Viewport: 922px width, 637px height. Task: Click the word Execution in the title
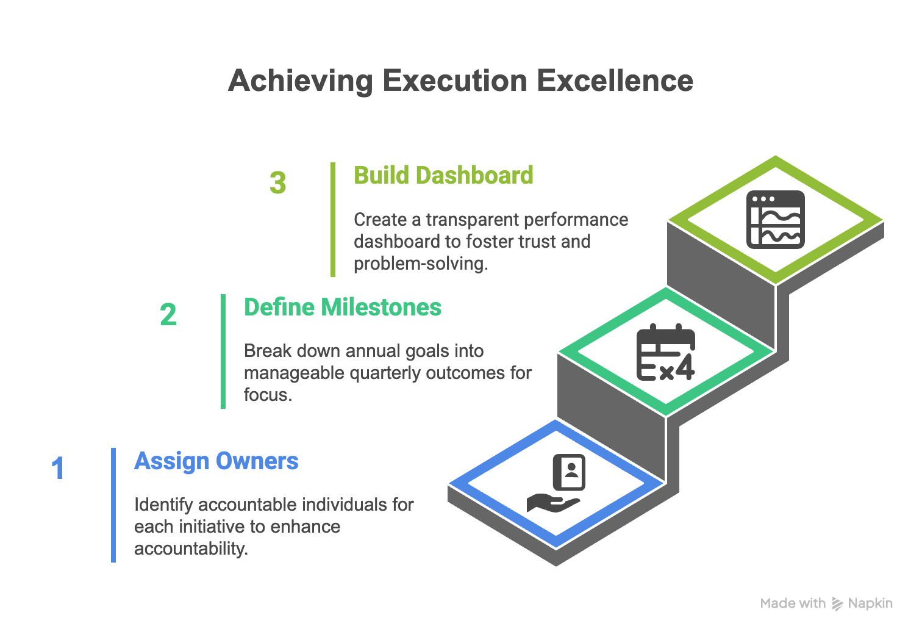pyautogui.click(x=455, y=81)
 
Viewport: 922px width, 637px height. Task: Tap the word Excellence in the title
pyautogui.click(x=615, y=81)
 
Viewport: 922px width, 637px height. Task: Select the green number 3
pyautogui.click(x=278, y=182)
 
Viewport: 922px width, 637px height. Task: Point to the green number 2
pyautogui.click(x=168, y=315)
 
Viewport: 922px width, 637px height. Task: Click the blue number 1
pyautogui.click(x=58, y=468)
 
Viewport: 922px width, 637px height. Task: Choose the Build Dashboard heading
pyautogui.click(x=443, y=175)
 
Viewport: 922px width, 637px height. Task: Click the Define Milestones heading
pyautogui.click(x=343, y=307)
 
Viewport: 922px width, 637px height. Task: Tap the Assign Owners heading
pyautogui.click(x=216, y=461)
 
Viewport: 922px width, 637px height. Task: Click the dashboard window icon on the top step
pyautogui.click(x=776, y=220)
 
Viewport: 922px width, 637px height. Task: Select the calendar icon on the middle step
pyautogui.click(x=666, y=353)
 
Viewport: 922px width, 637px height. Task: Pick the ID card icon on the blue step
pyautogui.click(x=570, y=472)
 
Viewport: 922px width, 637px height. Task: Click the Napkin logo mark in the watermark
pyautogui.click(x=837, y=603)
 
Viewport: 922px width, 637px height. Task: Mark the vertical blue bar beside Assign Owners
pyautogui.click(x=113, y=505)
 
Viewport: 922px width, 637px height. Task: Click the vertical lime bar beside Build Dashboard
pyautogui.click(x=333, y=220)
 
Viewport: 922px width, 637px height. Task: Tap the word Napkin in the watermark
pyautogui.click(x=870, y=603)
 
